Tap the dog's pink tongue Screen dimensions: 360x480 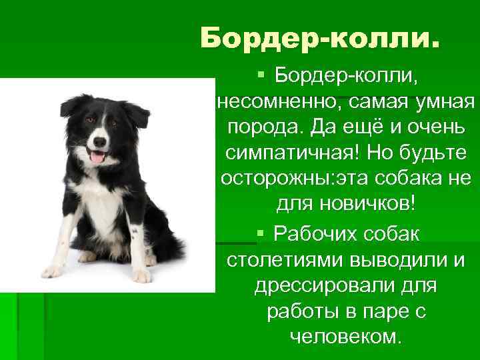pyautogui.click(x=97, y=157)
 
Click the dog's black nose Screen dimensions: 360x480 pyautogui.click(x=100, y=142)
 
